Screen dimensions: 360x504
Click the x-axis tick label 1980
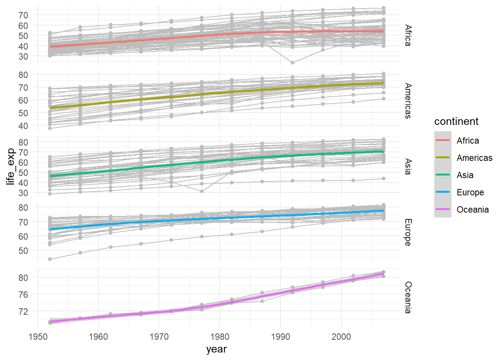coord(220,337)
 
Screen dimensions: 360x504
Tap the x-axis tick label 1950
coord(38,337)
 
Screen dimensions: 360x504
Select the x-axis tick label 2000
coord(341,337)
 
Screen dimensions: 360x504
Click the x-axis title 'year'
coord(216,349)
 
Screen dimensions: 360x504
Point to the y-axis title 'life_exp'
coord(10,166)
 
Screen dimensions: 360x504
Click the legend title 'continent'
coord(456,121)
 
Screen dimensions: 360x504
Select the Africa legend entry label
coord(468,141)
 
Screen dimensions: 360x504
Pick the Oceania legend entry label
coord(472,210)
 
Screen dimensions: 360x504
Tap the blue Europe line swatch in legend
coord(442,192)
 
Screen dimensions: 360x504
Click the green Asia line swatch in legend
coord(442,175)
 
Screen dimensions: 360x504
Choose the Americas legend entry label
coord(474,158)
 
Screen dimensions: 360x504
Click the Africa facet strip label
coord(408,36)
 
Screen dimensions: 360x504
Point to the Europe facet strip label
coord(408,232)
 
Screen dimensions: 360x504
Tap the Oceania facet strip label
coord(408,297)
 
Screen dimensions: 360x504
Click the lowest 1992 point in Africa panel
coord(292,63)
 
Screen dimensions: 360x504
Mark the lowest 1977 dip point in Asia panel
coord(202,191)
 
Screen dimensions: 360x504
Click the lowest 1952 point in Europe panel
coord(50,259)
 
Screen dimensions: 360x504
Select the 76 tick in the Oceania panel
coord(23,295)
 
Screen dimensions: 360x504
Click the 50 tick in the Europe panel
coord(23,251)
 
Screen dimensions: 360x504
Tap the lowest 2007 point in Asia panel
coord(383,178)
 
